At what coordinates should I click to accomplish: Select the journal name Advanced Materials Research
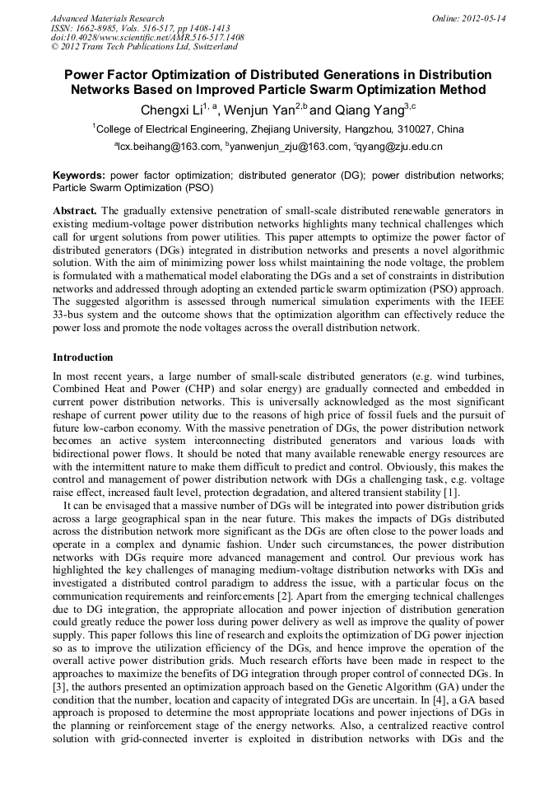pyautogui.click(x=107, y=18)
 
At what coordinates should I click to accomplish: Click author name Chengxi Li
pyautogui.click(x=169, y=110)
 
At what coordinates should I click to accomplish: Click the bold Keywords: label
pyautogui.click(x=79, y=175)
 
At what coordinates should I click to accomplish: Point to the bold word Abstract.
pyautogui.click(x=74, y=211)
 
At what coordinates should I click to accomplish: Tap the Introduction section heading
pyautogui.click(x=83, y=358)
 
